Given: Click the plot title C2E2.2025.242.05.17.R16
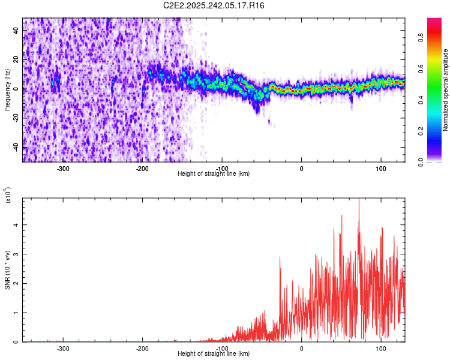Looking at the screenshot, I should click(214, 5).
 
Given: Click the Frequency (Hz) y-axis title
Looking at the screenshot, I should click(7, 89).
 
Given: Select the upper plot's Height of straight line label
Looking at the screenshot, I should click(214, 173).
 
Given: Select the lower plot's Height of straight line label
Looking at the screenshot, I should click(214, 353).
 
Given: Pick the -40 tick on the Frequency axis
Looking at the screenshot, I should click(15, 148).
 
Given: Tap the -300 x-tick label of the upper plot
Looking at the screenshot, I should click(63, 168).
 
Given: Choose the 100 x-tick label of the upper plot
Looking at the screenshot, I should click(380, 168).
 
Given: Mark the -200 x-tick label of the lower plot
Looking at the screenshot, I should click(142, 348).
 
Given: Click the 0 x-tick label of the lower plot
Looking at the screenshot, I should click(301, 348).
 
